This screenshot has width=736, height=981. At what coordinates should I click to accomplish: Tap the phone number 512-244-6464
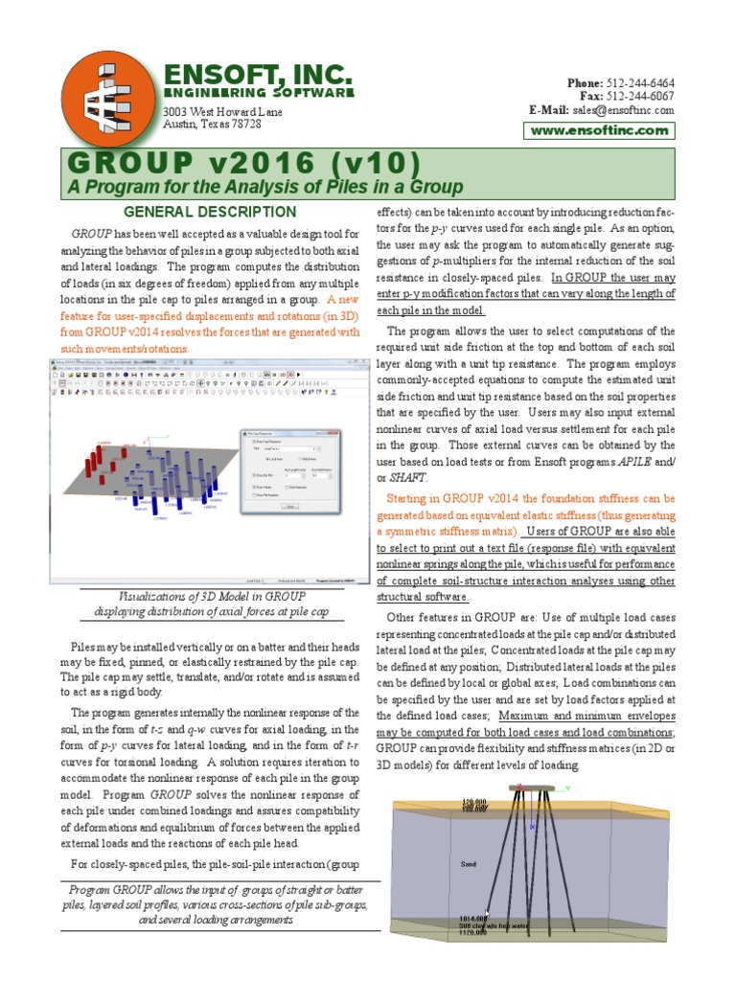pyautogui.click(x=639, y=82)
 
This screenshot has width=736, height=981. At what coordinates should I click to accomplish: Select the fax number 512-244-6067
pyautogui.click(x=639, y=96)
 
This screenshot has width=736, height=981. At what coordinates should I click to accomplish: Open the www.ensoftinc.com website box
pyautogui.click(x=599, y=130)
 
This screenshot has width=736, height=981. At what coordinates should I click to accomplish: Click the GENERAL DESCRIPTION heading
pyautogui.click(x=212, y=212)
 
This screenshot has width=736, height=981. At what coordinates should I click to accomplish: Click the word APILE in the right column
pyautogui.click(x=631, y=463)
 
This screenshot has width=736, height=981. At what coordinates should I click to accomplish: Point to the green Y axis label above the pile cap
pyautogui.click(x=566, y=788)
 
